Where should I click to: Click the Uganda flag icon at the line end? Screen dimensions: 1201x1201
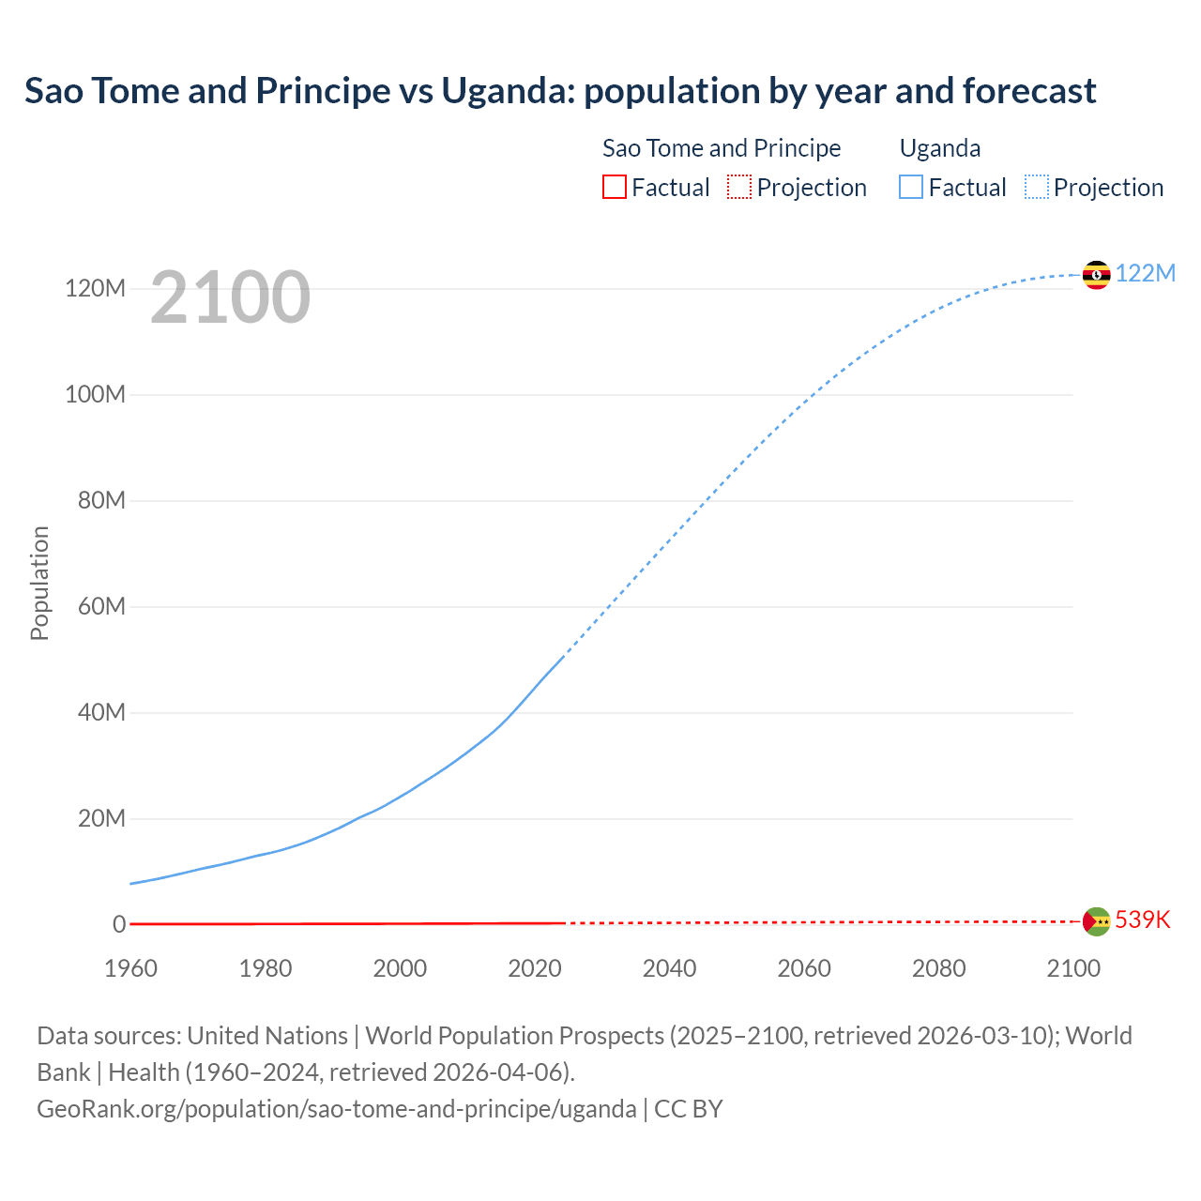click(1096, 275)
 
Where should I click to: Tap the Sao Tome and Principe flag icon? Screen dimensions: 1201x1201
click(1096, 921)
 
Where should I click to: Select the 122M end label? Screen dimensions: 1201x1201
click(1145, 273)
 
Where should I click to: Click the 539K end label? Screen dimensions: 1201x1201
click(1143, 920)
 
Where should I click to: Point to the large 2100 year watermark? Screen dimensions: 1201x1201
click(230, 297)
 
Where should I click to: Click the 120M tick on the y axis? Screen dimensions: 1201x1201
click(95, 288)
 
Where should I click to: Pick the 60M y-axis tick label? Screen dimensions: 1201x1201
click(101, 606)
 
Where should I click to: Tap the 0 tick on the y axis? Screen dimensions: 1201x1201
click(119, 924)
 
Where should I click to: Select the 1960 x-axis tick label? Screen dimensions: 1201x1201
click(130, 968)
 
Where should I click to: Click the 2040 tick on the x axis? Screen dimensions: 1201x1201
click(669, 968)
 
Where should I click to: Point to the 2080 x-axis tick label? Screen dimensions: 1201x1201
click(938, 968)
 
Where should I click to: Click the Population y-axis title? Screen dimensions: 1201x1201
click(39, 583)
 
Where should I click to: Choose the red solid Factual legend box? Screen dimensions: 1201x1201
click(614, 187)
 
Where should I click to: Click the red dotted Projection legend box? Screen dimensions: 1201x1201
click(739, 187)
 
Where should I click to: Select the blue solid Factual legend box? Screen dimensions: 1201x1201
click(911, 187)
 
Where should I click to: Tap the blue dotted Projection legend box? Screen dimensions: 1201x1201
click(1036, 187)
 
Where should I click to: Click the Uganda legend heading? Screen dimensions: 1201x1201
click(940, 148)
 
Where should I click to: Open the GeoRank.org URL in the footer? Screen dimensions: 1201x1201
click(336, 1109)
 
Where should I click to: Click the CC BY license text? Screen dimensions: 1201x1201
click(689, 1109)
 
